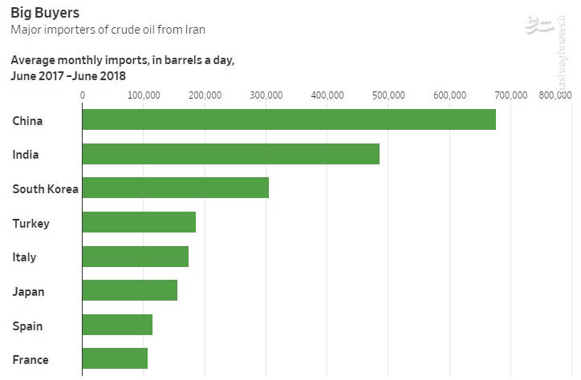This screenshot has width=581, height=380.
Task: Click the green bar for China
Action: coord(289,119)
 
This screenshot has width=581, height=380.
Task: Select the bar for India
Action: coord(231,154)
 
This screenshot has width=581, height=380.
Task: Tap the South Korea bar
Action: coord(176,188)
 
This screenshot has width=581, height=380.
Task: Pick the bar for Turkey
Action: coord(139,222)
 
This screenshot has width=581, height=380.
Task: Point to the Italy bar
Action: coord(136,257)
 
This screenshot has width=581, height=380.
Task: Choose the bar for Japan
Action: coord(130,290)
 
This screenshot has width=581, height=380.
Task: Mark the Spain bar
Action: coord(117,325)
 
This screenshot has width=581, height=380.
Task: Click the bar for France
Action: coord(115,358)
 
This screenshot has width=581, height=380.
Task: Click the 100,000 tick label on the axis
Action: coord(144,95)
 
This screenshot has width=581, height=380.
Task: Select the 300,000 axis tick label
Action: coord(266,95)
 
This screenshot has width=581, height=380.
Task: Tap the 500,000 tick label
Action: coord(388,95)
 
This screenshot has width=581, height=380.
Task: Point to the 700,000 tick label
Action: coord(510,95)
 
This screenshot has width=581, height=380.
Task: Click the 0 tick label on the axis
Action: coord(83,95)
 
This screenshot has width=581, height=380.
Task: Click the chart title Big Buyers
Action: coord(45,13)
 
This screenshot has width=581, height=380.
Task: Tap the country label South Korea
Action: coord(45,189)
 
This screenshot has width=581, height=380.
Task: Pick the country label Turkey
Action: coord(30,224)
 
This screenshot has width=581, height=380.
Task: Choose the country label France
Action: coord(30,360)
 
